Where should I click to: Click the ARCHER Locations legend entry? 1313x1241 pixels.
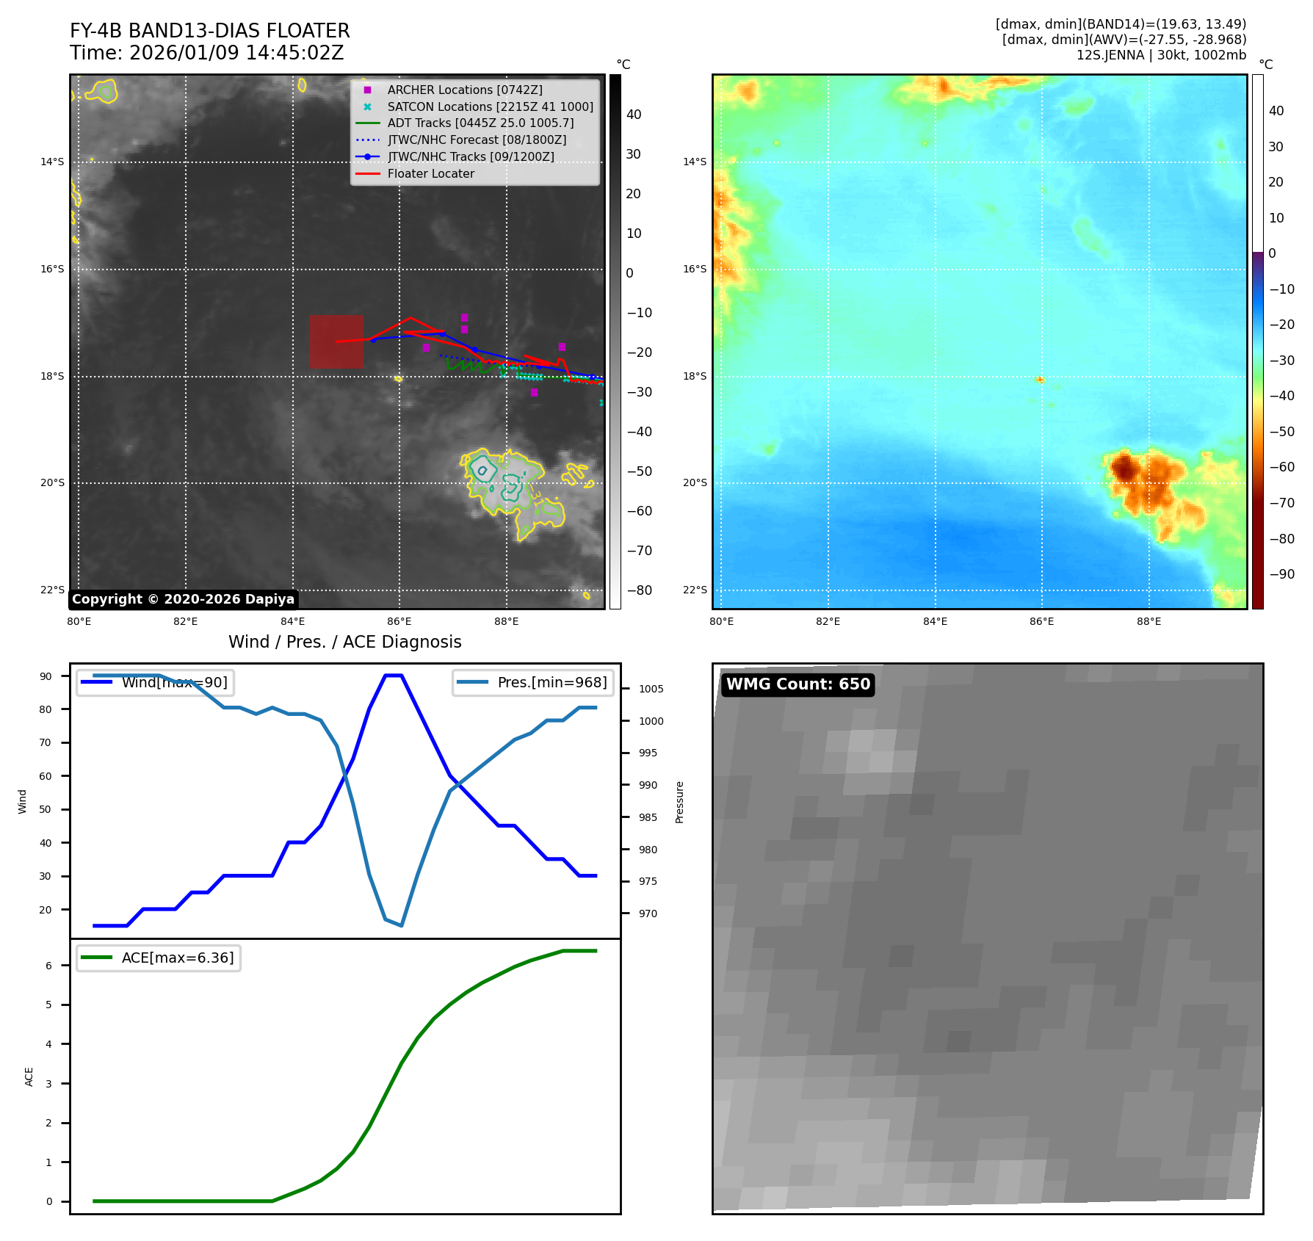465,90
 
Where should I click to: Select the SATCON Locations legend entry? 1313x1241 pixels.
490,106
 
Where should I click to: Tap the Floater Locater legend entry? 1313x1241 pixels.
430,174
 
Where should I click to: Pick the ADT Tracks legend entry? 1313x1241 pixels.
480,123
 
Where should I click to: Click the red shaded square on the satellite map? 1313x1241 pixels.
336,341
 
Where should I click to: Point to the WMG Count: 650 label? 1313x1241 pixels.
797,684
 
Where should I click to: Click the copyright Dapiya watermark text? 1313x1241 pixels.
183,599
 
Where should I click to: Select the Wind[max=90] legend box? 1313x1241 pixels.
155,682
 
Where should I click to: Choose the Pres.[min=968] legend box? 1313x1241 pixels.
532,682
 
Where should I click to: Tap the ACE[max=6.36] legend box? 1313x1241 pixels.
159,958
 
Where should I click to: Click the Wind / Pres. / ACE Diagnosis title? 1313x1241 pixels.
344,642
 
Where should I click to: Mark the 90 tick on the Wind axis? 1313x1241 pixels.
46,676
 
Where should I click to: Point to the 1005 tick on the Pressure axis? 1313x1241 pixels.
651,689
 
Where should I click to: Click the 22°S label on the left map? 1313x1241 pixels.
52,590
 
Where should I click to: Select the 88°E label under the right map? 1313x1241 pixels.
1149,621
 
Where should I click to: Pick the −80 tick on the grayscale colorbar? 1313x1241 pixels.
639,590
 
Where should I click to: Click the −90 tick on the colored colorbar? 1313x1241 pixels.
1281,574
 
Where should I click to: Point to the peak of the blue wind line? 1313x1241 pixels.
394,676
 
